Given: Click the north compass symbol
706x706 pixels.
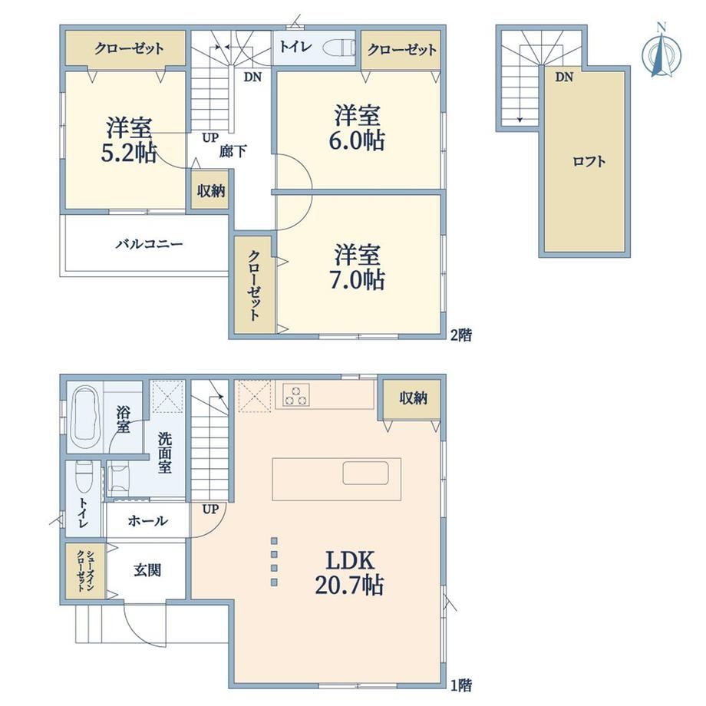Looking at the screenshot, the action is coord(661,51).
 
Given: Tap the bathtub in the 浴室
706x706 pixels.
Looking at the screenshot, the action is coord(85,417).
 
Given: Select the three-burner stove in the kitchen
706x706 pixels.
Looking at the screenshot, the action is coord(296,395).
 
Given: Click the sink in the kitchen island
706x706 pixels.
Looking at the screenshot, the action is coord(365,473).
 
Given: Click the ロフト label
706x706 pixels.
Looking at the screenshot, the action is coord(589,161).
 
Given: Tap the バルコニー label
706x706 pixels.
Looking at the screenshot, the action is coord(149,244).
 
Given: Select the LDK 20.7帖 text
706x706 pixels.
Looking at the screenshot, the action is coord(350,572).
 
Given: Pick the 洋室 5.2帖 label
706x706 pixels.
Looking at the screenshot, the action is coord(129,140).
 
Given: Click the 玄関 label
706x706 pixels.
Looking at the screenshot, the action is coord(147,570).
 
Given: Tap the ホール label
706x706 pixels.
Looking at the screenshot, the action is coord(147,521).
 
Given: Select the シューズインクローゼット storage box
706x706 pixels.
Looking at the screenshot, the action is coord(85,571).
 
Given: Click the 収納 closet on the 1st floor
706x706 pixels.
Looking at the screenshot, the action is coord(412,399).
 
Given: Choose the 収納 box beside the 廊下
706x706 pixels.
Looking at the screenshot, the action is coord(210,190).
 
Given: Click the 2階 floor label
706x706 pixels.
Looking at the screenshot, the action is coord(461,335).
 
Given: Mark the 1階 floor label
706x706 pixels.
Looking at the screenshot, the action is coord(461,685).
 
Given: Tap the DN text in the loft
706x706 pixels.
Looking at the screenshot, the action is coord(564,77).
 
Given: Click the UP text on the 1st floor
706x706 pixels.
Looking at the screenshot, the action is coord(210,510).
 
